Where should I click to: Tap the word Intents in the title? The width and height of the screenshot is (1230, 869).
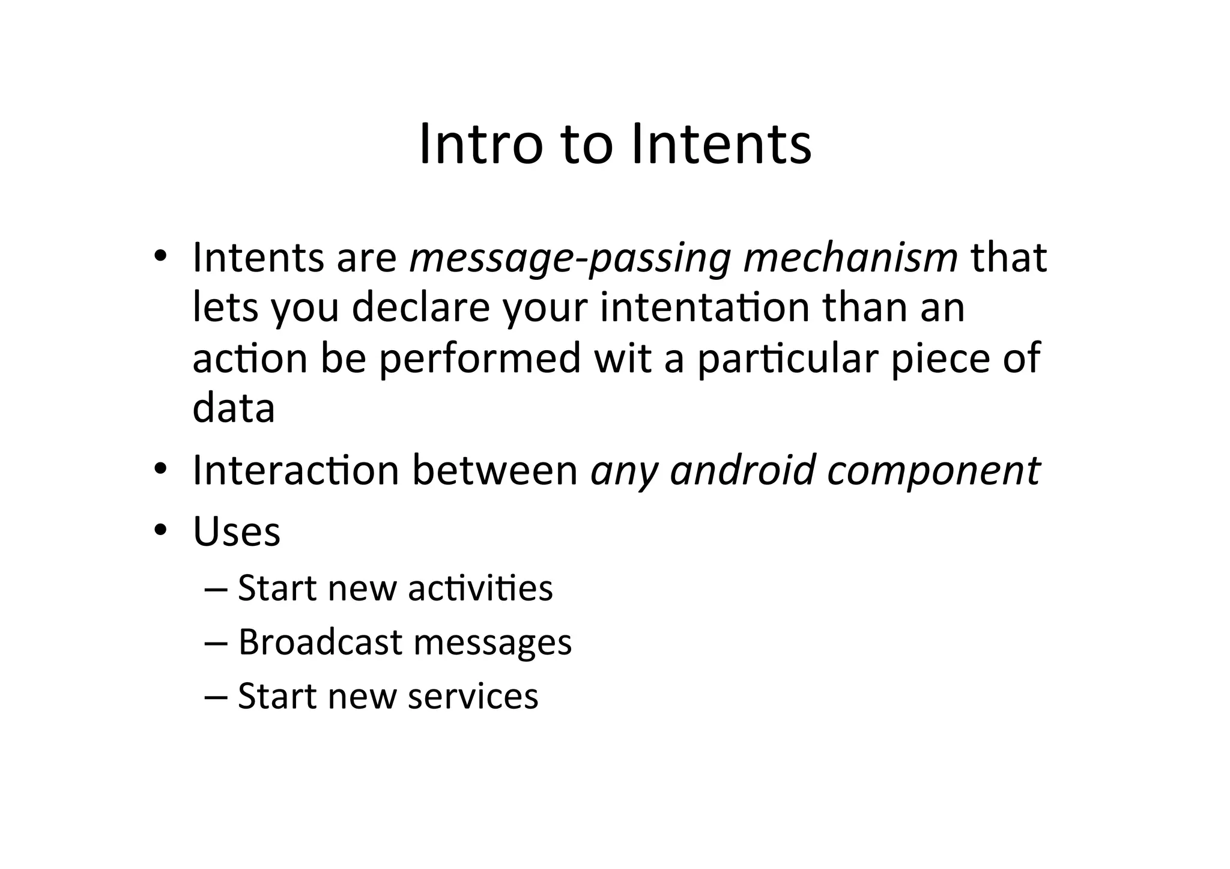pos(721,144)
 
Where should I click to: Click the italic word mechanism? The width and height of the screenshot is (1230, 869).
pos(850,258)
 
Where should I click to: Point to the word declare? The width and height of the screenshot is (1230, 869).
pos(420,307)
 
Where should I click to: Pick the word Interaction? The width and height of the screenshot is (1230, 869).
pos(295,470)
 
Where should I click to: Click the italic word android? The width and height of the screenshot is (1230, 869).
pos(743,470)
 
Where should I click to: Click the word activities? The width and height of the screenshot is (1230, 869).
pos(480,588)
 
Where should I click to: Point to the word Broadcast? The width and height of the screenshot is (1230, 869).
pos(320,642)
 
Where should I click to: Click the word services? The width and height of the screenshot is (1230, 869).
pos(473,697)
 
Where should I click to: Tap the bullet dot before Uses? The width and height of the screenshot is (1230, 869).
pos(160,530)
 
